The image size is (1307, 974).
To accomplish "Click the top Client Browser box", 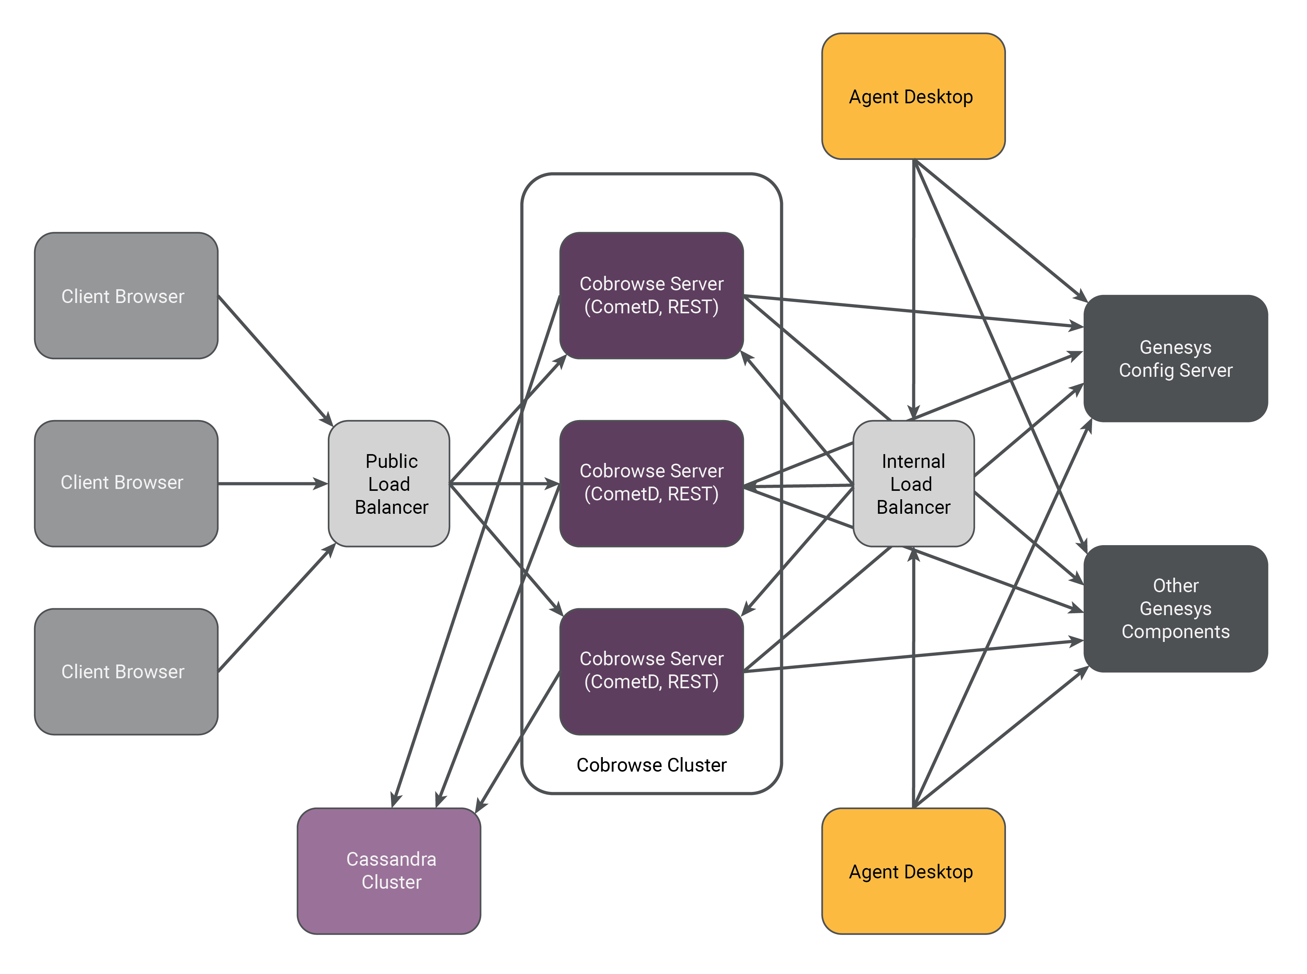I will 126,296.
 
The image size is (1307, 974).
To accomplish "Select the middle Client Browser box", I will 126,484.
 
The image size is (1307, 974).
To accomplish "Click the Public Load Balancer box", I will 389,484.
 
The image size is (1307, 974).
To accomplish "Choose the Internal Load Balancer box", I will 913,484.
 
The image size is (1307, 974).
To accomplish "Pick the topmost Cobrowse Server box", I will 651,295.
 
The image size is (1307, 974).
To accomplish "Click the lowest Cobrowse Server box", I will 651,671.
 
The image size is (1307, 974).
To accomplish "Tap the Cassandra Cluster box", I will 389,871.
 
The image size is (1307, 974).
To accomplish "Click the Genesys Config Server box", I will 1175,358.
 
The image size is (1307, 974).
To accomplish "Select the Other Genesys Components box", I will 1175,608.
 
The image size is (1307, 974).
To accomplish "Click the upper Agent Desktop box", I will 913,96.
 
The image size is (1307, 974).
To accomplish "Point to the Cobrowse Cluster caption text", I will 651,765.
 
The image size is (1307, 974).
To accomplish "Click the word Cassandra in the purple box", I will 391,859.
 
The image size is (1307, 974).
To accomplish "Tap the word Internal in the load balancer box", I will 913,461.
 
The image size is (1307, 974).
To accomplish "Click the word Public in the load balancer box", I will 391,461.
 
